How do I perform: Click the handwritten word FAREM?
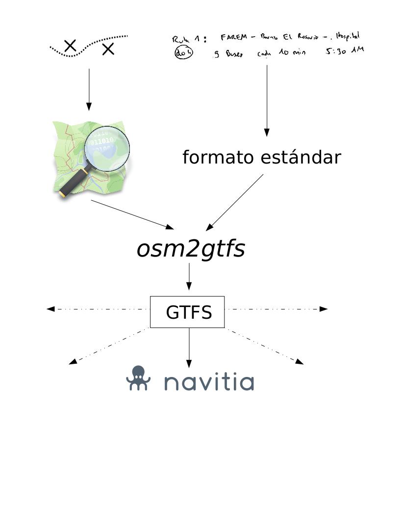pyautogui.click(x=233, y=37)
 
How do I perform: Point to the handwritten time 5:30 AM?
pyautogui.click(x=345, y=50)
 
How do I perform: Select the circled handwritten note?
pyautogui.click(x=184, y=52)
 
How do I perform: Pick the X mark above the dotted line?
pyautogui.click(x=71, y=46)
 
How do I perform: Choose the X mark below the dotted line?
pyautogui.click(x=108, y=49)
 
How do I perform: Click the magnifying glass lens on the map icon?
pyautogui.click(x=107, y=148)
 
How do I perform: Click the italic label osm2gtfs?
pyautogui.click(x=190, y=249)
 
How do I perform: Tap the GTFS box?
pyautogui.click(x=187, y=312)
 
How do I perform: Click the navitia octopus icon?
pyautogui.click(x=138, y=378)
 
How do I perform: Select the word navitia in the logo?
pyautogui.click(x=209, y=382)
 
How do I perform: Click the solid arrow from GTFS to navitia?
pyautogui.click(x=189, y=348)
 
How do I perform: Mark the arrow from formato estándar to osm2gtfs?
pyautogui.click(x=234, y=202)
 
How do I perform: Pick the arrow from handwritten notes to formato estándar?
pyautogui.click(x=267, y=100)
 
